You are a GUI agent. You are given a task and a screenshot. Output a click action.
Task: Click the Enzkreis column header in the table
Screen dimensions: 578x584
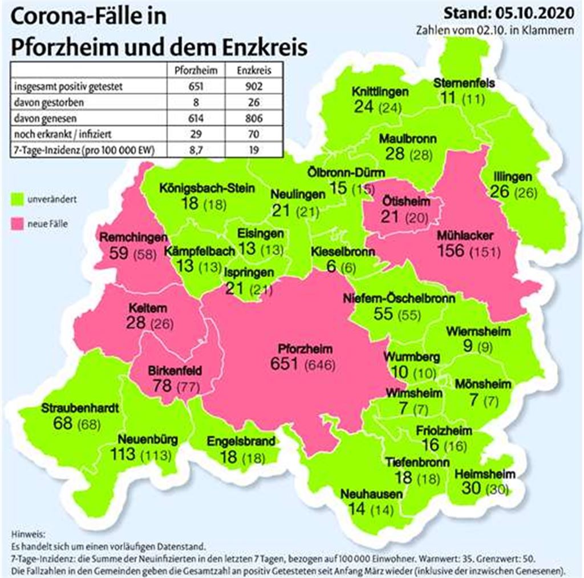[x=251, y=71]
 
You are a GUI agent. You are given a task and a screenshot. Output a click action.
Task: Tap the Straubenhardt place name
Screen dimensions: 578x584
[x=80, y=409]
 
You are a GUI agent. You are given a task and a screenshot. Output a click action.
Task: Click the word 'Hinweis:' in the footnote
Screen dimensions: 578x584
[x=24, y=533]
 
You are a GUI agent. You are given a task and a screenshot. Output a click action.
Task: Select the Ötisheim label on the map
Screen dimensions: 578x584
[x=404, y=201]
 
